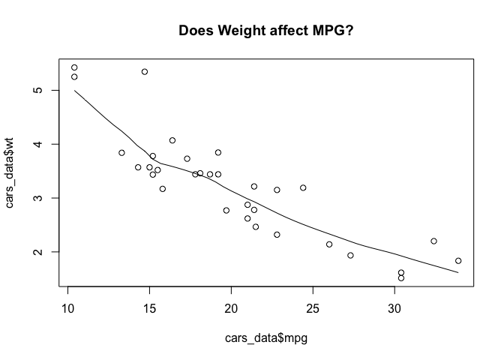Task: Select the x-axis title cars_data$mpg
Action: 266,338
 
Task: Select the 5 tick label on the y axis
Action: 36,90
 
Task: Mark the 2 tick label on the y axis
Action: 36,252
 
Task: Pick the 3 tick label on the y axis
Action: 36,198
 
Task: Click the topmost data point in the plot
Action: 74,67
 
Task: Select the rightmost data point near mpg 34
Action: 458,261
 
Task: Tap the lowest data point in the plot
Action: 401,277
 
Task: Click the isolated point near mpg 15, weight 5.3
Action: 145,72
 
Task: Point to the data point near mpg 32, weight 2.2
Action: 433,241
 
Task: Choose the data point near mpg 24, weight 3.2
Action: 303,187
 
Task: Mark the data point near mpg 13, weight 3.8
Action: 121,152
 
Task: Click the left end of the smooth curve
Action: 74,91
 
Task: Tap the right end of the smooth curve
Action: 458,273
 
